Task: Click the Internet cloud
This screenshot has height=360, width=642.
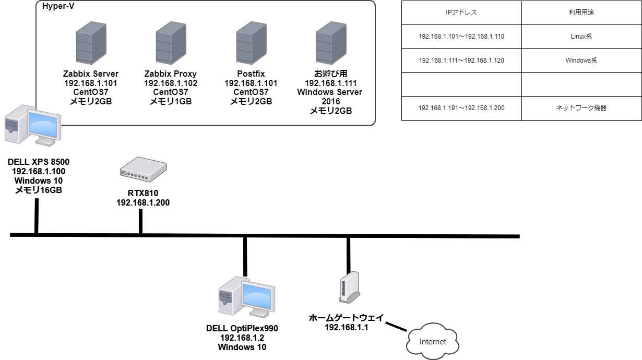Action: (433, 342)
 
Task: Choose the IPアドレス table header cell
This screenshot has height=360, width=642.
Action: (461, 13)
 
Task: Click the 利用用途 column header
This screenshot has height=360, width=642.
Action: (581, 13)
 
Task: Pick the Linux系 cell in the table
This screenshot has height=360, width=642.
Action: (581, 37)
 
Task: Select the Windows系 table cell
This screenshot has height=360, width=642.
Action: (581, 61)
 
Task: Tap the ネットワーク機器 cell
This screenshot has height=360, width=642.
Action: (581, 109)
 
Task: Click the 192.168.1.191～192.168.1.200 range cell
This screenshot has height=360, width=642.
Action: (461, 109)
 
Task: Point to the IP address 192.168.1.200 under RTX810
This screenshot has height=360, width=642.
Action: (143, 202)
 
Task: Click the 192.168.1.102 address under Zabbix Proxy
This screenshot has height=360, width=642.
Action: (171, 83)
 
